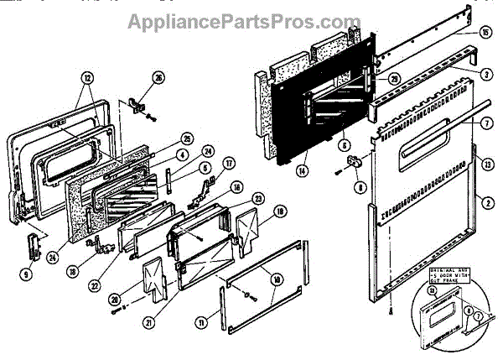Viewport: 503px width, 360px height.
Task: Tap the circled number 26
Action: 158,81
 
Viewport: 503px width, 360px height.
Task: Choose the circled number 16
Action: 237,187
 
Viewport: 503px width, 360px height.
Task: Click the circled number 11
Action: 222,321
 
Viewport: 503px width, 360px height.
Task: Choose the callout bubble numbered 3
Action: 485,73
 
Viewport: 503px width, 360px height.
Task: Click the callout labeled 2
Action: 485,201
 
